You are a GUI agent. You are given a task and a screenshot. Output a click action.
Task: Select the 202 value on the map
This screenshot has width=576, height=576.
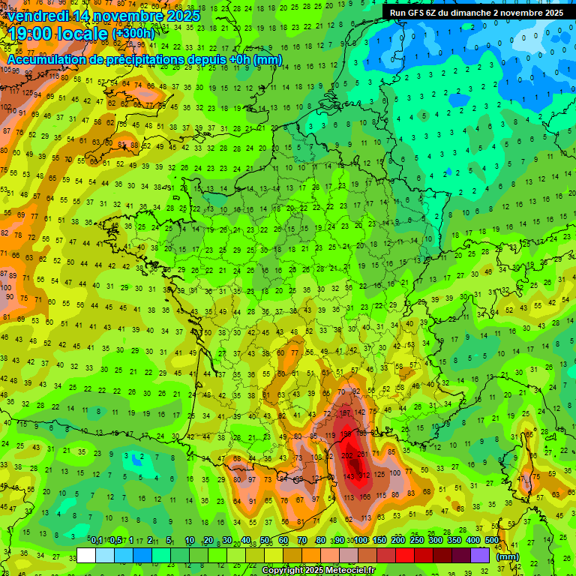348,455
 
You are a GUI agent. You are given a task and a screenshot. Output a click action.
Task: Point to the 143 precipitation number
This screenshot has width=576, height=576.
349,477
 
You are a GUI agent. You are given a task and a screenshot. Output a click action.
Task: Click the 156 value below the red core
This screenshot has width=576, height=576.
365,496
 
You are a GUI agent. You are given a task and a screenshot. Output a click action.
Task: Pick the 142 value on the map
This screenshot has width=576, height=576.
360,412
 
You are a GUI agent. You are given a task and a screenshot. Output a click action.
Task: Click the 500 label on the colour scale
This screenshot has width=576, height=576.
492,540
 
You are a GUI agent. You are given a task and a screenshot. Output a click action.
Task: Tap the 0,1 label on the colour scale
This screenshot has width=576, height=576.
97,540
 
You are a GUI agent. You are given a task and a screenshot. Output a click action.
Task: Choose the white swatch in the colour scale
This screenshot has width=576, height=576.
86,555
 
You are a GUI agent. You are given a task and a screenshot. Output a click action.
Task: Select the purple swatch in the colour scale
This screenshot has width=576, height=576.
480,555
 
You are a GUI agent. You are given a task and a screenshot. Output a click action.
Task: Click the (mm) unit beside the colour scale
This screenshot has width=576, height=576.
508,556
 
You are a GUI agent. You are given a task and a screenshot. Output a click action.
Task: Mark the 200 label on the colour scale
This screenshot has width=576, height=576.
397,540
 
